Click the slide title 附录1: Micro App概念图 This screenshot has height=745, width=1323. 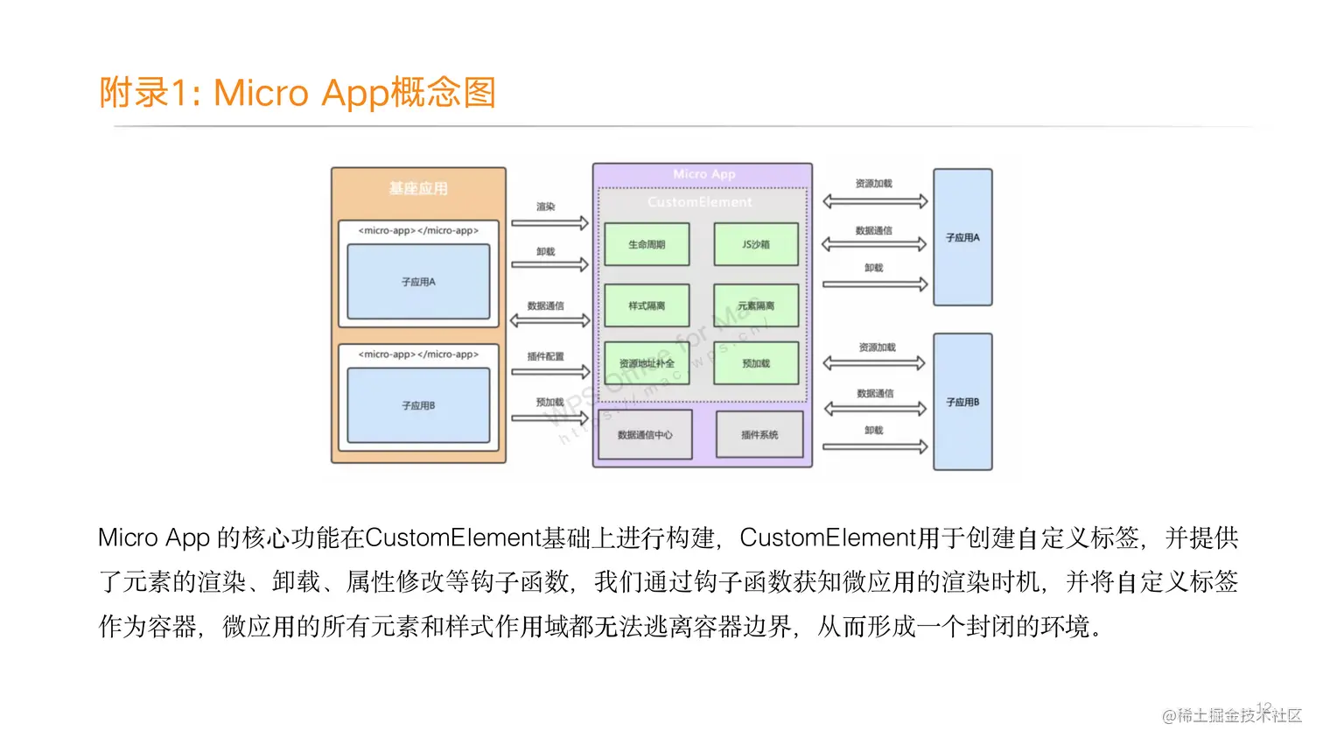(297, 93)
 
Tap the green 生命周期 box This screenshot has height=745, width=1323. (647, 244)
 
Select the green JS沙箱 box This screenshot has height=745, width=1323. (756, 244)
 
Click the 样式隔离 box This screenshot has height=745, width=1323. (647, 306)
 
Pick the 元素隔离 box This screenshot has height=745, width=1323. (756, 306)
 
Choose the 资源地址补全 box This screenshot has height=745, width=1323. (647, 363)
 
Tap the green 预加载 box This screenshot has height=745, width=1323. (756, 363)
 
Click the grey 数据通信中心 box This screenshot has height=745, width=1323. (645, 434)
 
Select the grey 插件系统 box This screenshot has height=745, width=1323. (759, 434)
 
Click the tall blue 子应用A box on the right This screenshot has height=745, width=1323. (962, 237)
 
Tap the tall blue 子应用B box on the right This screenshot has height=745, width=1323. (962, 402)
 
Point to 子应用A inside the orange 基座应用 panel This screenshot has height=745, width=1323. (418, 282)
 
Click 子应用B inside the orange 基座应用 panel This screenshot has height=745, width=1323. (418, 405)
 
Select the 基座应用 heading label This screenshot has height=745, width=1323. (418, 188)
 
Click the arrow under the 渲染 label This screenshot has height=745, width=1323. (549, 223)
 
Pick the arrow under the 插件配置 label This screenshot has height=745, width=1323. (549, 372)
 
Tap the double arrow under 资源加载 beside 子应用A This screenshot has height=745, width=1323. (875, 201)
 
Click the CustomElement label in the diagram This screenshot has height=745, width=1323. (700, 202)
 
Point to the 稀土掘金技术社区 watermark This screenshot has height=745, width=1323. (1232, 715)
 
